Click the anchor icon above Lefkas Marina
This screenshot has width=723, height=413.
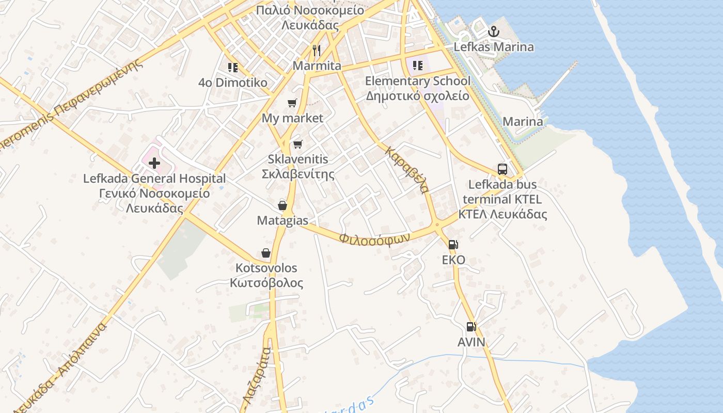494,31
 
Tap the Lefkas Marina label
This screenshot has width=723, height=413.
494,47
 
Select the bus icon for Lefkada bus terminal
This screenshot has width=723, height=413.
502,169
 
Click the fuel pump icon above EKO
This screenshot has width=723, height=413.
453,245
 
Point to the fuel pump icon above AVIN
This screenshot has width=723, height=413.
471,326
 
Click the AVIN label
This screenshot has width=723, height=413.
471,342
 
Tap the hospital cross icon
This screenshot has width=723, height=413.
154,163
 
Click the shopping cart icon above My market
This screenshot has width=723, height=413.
292,103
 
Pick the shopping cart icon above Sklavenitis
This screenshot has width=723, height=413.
297,144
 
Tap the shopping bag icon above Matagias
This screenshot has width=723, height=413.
282,205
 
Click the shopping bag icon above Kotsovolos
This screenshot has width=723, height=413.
266,253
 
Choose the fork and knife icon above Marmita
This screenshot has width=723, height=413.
317,50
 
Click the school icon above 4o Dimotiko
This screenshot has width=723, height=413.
233,67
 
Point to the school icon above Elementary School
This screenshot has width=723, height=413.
418,66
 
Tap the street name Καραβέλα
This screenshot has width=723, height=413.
407,170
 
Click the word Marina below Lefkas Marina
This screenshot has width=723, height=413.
523,122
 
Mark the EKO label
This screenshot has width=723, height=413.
453,260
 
